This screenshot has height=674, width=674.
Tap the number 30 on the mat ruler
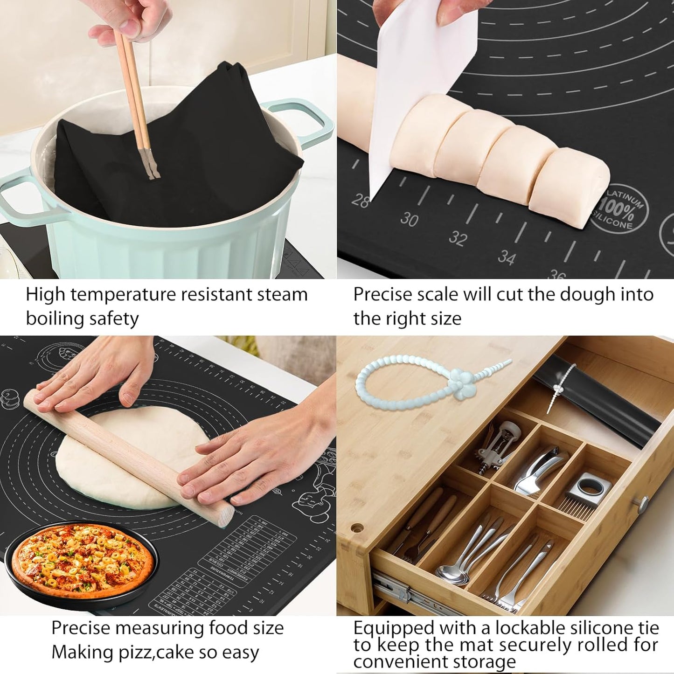click(x=409, y=219)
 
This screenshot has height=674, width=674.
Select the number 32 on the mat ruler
click(x=458, y=238)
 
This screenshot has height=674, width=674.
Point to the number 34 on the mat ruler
click(x=507, y=257)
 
